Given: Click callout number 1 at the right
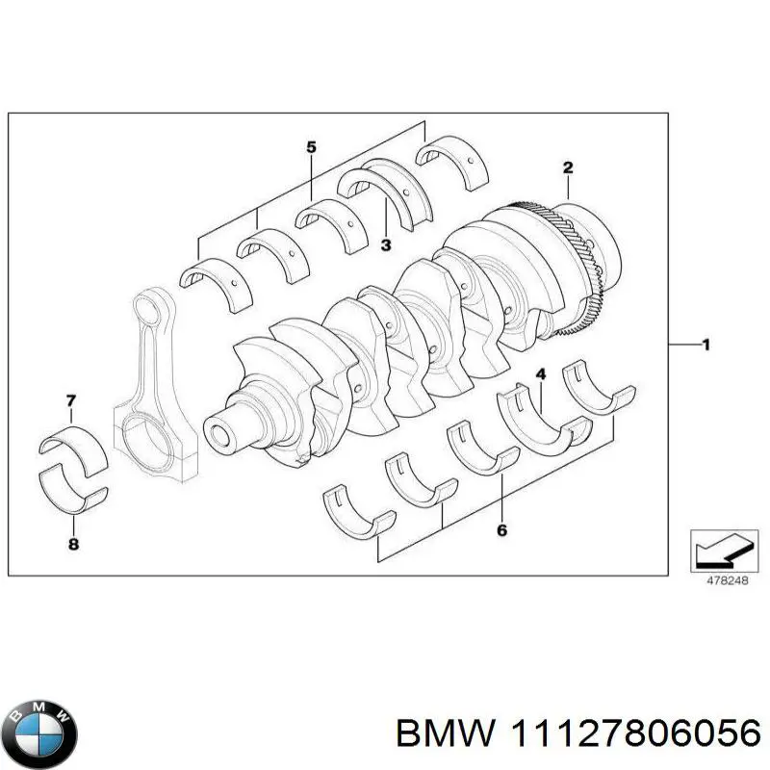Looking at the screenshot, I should coord(706,346).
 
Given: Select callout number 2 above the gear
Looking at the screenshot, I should coord(568,167).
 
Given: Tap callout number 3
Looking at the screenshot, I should coord(386,245).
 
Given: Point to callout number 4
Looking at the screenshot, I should coord(541,373).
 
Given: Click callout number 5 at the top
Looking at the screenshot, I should coord(311,147).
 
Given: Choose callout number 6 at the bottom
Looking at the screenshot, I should coord(501,529).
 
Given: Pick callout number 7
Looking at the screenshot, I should coord(70,399).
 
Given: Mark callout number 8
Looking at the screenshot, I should coord(72,546).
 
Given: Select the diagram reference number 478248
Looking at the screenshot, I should coord(720,581).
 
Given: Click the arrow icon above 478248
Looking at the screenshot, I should coord(719,552).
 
